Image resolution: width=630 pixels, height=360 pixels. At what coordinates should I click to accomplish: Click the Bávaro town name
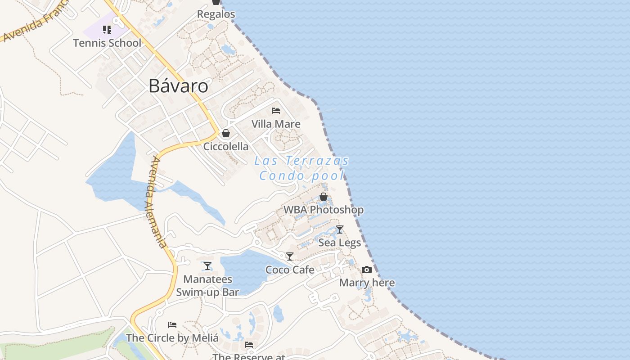[178, 86]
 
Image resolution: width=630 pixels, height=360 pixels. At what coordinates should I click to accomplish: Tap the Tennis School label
[107, 43]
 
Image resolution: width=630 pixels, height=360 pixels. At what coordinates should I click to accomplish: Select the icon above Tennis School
[107, 30]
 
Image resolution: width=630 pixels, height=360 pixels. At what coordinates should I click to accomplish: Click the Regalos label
[216, 14]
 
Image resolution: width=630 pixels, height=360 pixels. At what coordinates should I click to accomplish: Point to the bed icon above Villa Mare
[276, 111]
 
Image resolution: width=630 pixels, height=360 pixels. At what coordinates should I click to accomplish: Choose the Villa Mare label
[276, 124]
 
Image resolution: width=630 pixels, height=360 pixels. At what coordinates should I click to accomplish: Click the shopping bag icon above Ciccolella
[226, 133]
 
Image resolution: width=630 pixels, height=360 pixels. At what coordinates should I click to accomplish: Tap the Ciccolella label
[226, 146]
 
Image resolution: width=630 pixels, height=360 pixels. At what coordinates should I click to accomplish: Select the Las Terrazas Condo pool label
[301, 168]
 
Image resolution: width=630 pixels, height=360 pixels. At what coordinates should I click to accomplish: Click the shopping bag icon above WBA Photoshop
[323, 197]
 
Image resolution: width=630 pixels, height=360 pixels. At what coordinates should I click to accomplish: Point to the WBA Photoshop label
[323, 210]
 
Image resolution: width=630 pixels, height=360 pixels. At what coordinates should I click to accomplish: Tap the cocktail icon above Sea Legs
[340, 229]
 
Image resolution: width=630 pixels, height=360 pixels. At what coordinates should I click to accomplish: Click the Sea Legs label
[340, 243]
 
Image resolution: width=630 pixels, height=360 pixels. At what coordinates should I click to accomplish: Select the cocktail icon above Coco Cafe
[290, 256]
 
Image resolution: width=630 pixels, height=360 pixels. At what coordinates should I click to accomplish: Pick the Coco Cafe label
[290, 270]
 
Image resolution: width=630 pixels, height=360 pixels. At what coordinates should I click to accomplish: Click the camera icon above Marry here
[367, 270]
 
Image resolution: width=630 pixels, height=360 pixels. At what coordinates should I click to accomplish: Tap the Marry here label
[367, 283]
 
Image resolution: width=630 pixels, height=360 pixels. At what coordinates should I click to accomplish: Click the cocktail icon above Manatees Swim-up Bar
[207, 266]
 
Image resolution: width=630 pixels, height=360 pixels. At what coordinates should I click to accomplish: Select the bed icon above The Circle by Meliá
[172, 324]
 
